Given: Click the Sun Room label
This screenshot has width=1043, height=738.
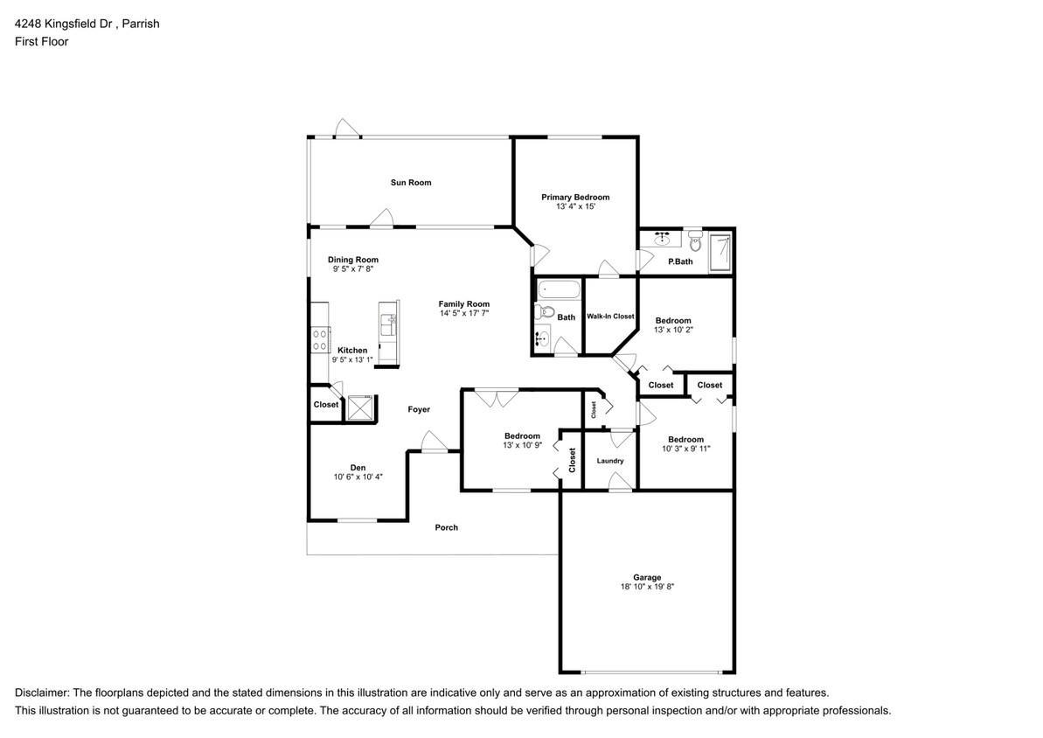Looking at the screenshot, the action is pyautogui.click(x=410, y=183).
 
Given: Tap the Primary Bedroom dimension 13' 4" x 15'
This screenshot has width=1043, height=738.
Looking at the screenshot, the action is pyautogui.click(x=575, y=206).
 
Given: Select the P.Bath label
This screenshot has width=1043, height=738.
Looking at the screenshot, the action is pyautogui.click(x=680, y=261).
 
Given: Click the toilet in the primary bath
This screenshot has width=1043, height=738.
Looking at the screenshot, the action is pyautogui.click(x=695, y=240).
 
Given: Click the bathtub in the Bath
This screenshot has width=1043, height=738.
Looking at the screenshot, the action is pyautogui.click(x=559, y=290).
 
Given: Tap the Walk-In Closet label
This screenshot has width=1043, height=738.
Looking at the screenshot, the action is pyautogui.click(x=610, y=316).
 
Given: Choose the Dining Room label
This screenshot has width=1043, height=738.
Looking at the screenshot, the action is pyautogui.click(x=352, y=261).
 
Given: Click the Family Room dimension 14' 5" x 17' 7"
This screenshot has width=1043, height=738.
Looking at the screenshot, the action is pyautogui.click(x=464, y=313).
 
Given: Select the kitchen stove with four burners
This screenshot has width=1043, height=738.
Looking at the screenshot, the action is pyautogui.click(x=320, y=340).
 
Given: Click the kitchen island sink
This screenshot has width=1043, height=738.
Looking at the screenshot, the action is pyautogui.click(x=388, y=325).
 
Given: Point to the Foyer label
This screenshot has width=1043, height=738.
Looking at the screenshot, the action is pyautogui.click(x=419, y=409).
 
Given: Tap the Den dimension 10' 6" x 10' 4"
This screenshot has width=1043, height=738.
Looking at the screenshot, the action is pyautogui.click(x=358, y=477).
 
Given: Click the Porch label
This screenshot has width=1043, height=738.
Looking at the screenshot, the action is pyautogui.click(x=447, y=528).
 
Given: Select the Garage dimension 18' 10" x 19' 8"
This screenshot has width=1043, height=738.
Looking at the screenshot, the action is pyautogui.click(x=647, y=586).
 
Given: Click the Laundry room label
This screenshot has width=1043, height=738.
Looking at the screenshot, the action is pyautogui.click(x=610, y=461).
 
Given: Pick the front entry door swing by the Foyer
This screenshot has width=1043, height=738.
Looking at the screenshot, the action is pyautogui.click(x=435, y=442).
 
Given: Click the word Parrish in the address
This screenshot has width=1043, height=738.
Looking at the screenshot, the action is pyautogui.click(x=141, y=24).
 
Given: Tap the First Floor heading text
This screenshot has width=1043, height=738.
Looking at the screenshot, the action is pyautogui.click(x=42, y=41).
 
